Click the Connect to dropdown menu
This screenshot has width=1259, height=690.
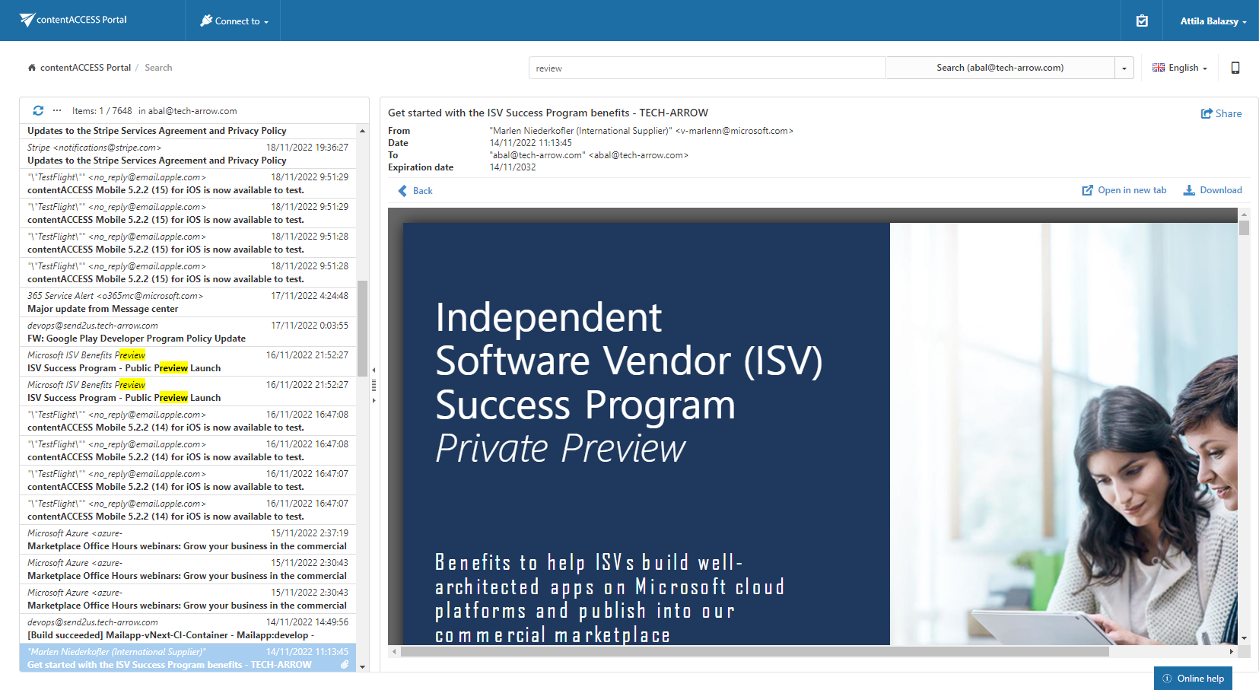[234, 21]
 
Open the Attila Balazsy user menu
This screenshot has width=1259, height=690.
[1213, 21]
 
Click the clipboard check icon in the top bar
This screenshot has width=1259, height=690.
[1142, 21]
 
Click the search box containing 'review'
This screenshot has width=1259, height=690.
[707, 68]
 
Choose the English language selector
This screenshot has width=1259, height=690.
[1180, 68]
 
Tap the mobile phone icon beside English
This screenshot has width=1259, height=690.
[1235, 68]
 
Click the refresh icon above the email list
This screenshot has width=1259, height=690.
[38, 110]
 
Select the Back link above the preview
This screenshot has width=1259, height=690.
[415, 191]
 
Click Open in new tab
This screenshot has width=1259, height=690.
[1124, 190]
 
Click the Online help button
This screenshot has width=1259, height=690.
[1193, 679]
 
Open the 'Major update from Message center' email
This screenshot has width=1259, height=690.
[103, 309]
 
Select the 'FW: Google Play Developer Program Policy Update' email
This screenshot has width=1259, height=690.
[137, 339]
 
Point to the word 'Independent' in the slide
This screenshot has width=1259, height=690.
[548, 317]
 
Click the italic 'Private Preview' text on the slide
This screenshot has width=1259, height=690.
[561, 448]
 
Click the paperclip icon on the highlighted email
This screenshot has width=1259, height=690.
[345, 665]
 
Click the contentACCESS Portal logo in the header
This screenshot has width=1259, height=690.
[74, 20]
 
